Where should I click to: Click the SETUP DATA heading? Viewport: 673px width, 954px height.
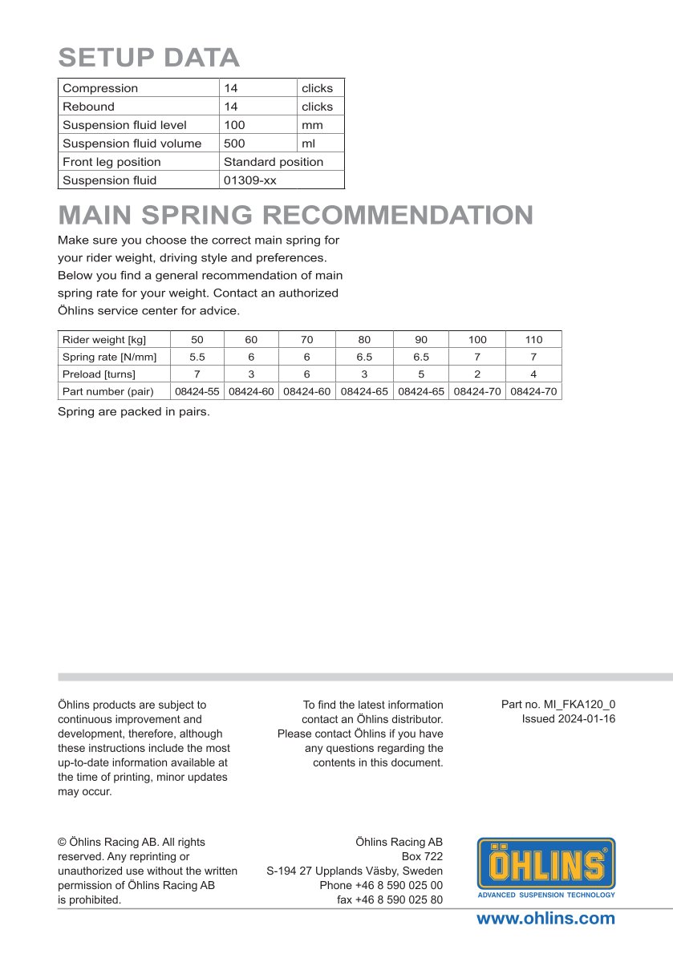point(149,58)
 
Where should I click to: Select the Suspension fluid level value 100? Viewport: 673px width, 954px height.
point(235,125)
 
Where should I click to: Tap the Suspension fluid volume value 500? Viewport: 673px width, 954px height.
point(235,144)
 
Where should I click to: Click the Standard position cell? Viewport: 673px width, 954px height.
point(274,162)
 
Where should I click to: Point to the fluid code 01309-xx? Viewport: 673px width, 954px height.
point(249,180)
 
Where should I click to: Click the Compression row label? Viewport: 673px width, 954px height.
point(100,88)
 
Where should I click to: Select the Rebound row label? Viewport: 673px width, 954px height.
point(88,107)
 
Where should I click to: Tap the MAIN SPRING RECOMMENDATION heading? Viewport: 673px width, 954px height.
point(296,215)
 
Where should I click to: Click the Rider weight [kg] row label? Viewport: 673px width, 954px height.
point(104,340)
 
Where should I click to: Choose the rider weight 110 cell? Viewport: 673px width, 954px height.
point(533,340)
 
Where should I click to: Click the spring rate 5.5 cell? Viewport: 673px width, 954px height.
point(197,357)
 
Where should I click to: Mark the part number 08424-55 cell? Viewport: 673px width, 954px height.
point(197,392)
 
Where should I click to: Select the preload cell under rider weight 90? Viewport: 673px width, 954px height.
point(421,374)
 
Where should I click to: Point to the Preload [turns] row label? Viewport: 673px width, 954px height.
point(99,374)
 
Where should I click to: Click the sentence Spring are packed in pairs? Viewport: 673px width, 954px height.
point(134,412)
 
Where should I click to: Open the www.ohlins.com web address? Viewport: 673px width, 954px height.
point(545,919)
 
